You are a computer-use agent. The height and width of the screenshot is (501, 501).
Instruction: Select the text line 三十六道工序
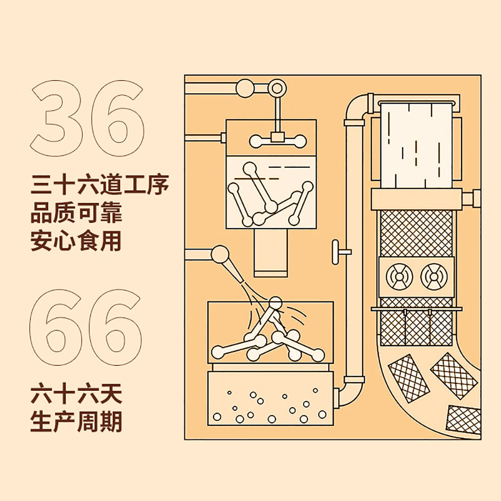tap(100, 185)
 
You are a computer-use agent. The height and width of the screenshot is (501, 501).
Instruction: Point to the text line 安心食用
tap(76, 241)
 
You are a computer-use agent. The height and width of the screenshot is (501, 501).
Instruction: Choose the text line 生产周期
tap(76, 422)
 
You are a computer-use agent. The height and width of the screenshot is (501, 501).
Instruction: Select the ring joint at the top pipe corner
tap(276, 88)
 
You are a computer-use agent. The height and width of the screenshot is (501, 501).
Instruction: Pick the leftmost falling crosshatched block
tap(409, 378)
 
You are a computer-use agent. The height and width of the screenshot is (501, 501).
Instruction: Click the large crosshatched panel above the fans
tap(416, 233)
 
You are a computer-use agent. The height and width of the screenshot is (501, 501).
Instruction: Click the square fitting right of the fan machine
tap(471, 198)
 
